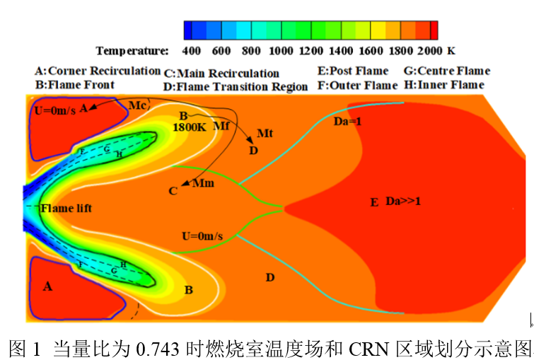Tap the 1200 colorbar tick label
311,50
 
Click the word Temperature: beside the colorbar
133,50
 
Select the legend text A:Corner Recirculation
98,71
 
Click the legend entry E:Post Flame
353,71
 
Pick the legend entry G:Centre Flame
446,71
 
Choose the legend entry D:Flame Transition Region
236,87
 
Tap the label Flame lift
66,208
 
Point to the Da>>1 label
403,202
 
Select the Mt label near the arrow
265,133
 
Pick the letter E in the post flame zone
375,203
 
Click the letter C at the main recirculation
173,191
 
